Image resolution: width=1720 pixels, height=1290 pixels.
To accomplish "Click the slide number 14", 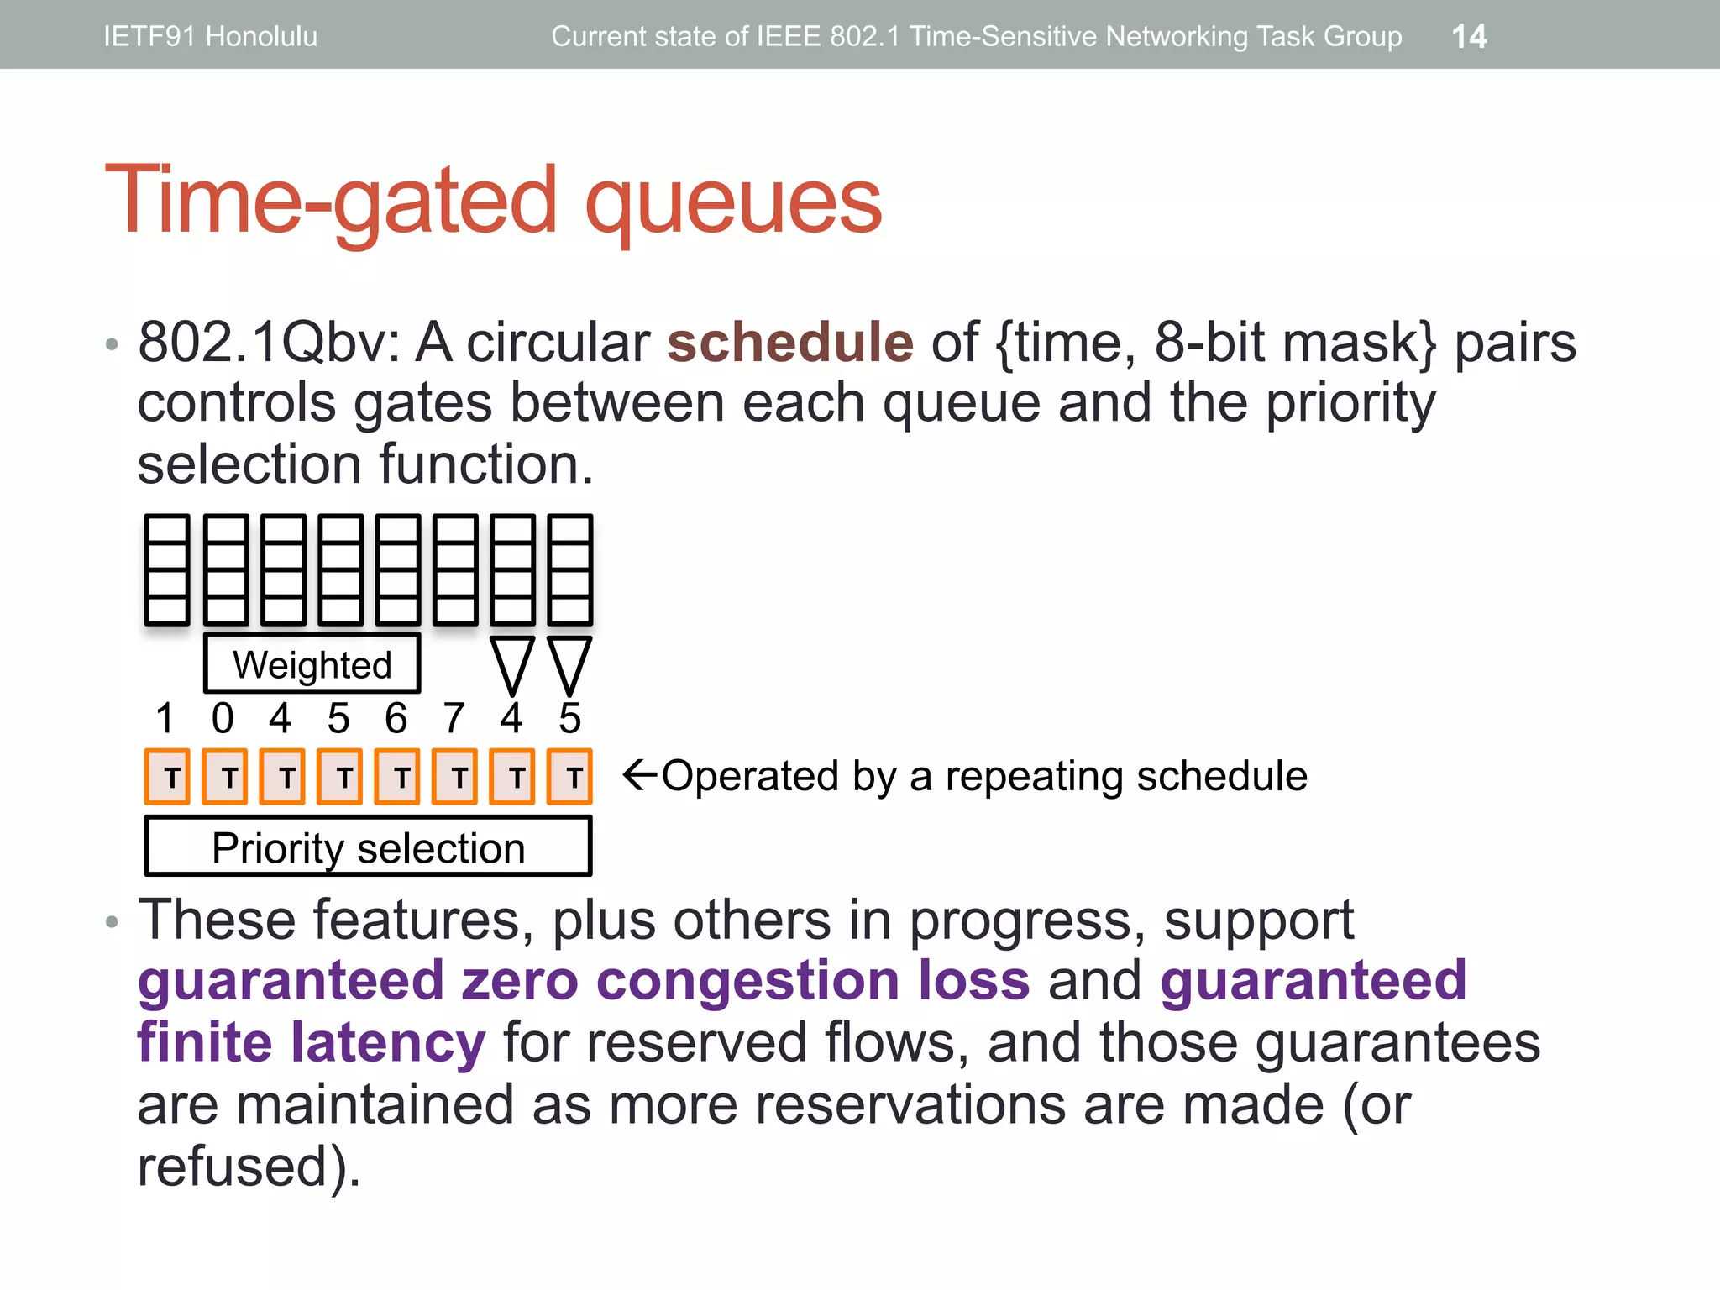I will pos(1469,36).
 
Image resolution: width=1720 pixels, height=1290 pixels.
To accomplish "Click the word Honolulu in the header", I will pos(261,36).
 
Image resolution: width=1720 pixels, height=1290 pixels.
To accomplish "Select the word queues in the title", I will pos(732,202).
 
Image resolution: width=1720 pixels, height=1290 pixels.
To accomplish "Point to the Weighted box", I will pos(312,663).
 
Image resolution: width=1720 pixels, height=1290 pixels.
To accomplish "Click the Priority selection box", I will pos(368,847).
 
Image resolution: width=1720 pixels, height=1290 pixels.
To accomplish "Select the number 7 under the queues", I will pos(454,718).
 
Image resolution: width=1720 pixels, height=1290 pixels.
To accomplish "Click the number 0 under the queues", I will pos(223,718).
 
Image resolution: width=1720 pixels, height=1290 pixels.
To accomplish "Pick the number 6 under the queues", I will pos(396,718).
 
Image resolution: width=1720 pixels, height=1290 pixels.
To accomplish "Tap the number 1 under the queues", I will pos(165,718).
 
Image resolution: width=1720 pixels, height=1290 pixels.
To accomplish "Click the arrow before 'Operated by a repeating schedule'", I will pos(639,774).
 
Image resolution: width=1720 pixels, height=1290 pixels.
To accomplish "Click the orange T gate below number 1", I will pos(167,777).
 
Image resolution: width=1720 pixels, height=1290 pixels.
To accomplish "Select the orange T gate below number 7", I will pos(454,777).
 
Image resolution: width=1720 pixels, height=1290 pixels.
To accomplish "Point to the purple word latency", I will pos(388,1043).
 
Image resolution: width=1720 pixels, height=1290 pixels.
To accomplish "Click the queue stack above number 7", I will pos(455,569).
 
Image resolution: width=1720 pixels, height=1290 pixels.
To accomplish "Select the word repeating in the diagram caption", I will pos(1034,776).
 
